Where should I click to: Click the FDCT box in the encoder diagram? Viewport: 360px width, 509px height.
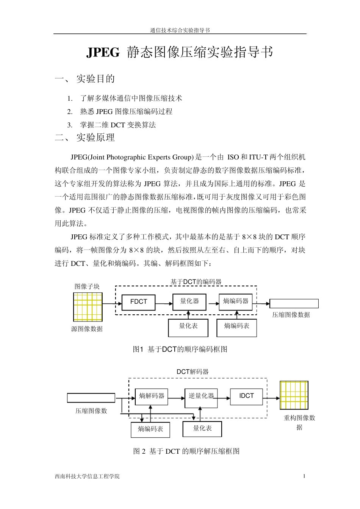pyautogui.click(x=138, y=302)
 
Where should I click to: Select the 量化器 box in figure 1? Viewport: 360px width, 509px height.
pyautogui.click(x=189, y=302)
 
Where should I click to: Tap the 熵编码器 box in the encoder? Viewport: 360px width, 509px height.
pyautogui.click(x=235, y=302)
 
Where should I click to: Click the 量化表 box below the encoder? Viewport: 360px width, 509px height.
pyautogui.click(x=188, y=327)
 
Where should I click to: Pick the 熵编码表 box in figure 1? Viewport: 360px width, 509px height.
pyautogui.click(x=236, y=327)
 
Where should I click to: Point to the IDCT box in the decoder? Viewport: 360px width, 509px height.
pyautogui.click(x=246, y=397)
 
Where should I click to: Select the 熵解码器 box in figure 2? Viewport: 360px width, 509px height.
pyautogui.click(x=152, y=397)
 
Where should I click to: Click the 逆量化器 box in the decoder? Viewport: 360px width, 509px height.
pyautogui.click(x=201, y=398)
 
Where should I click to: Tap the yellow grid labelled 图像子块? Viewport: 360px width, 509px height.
pyautogui.click(x=88, y=307)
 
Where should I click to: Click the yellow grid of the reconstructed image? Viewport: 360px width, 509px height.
pyautogui.click(x=294, y=395)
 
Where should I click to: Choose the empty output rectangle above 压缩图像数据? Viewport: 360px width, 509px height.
pyautogui.click(x=294, y=303)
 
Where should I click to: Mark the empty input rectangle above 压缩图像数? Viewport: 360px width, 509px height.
pyautogui.click(x=91, y=398)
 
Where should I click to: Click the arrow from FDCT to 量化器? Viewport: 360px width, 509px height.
pyautogui.click(x=164, y=303)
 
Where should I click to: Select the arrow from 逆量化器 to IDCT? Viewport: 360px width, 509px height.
pyautogui.click(x=224, y=398)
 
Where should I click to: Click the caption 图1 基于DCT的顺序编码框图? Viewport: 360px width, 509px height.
pyautogui.click(x=180, y=349)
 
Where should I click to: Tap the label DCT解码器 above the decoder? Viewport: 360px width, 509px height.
pyautogui.click(x=193, y=372)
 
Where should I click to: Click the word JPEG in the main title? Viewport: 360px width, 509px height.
pyautogui.click(x=103, y=53)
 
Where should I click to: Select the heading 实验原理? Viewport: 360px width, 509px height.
pyautogui.click(x=95, y=138)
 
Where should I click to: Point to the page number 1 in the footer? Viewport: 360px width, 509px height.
pyautogui.click(x=304, y=476)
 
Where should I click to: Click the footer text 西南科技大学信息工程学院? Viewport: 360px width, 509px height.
pyautogui.click(x=87, y=476)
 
